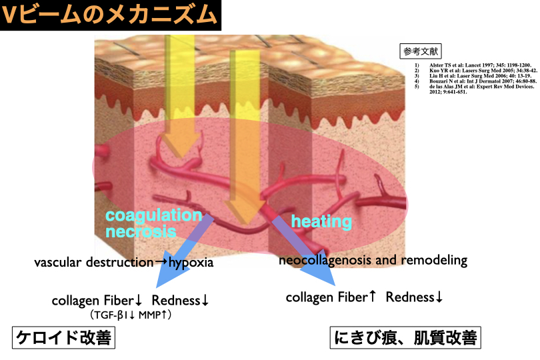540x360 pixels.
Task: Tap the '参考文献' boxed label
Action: point(421,50)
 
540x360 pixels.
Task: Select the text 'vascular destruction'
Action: point(93,263)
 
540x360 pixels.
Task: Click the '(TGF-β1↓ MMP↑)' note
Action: point(131,314)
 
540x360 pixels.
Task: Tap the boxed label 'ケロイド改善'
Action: point(63,339)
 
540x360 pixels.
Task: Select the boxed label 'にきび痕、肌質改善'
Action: point(405,339)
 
